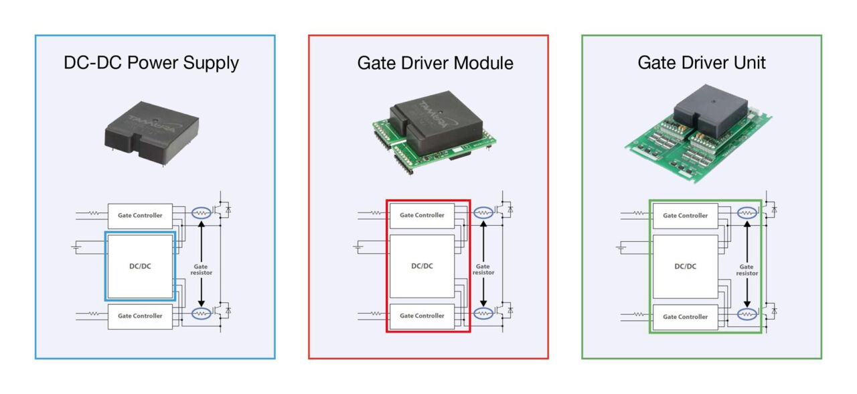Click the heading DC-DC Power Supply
pyautogui.click(x=151, y=63)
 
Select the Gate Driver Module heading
pyautogui.click(x=435, y=63)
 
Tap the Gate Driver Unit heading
pyautogui.click(x=702, y=63)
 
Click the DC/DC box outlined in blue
pyautogui.click(x=140, y=266)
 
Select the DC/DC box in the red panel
pyautogui.click(x=422, y=266)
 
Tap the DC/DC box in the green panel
pyautogui.click(x=685, y=266)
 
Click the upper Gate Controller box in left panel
pyautogui.click(x=140, y=216)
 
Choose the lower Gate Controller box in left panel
pyautogui.click(x=140, y=316)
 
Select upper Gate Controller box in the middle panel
pyautogui.click(x=422, y=215)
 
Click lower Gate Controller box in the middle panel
pyautogui.click(x=422, y=316)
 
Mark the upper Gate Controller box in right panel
pyautogui.click(x=685, y=216)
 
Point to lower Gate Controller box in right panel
pyautogui.click(x=685, y=316)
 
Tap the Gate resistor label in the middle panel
pyautogui.click(x=483, y=269)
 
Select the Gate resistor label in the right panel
pyautogui.click(x=747, y=269)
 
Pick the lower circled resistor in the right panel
pyautogui.click(x=747, y=314)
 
